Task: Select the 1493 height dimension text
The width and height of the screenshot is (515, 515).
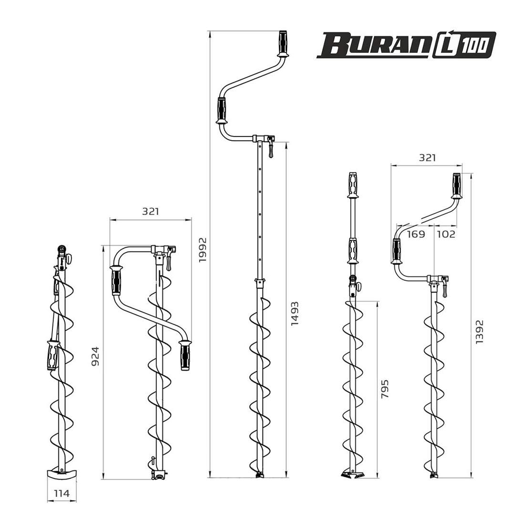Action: click(x=295, y=313)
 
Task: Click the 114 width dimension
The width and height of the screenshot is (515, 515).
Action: click(x=62, y=493)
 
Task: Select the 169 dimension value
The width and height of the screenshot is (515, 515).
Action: click(x=416, y=234)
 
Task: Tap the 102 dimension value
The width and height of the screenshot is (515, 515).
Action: click(x=446, y=234)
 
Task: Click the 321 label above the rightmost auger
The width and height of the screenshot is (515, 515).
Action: click(x=427, y=158)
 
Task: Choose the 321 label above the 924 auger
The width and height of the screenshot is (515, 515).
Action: click(x=150, y=211)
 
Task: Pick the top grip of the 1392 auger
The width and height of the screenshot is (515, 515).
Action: click(x=456, y=185)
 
